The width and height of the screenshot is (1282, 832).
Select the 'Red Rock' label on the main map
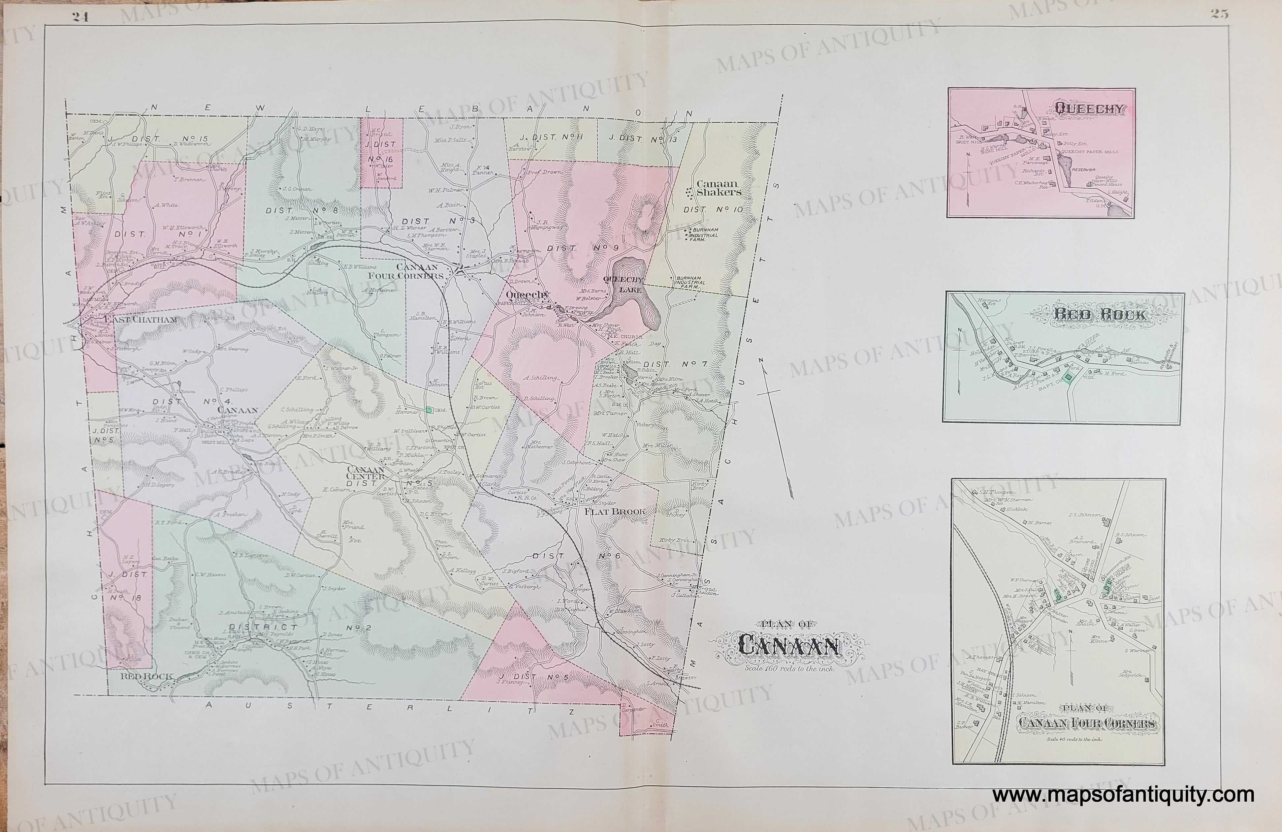(x=146, y=676)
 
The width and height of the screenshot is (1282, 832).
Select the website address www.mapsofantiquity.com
(x=1123, y=795)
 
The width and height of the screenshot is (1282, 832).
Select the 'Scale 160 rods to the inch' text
(x=790, y=668)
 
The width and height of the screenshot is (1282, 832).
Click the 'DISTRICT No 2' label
(x=291, y=627)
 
